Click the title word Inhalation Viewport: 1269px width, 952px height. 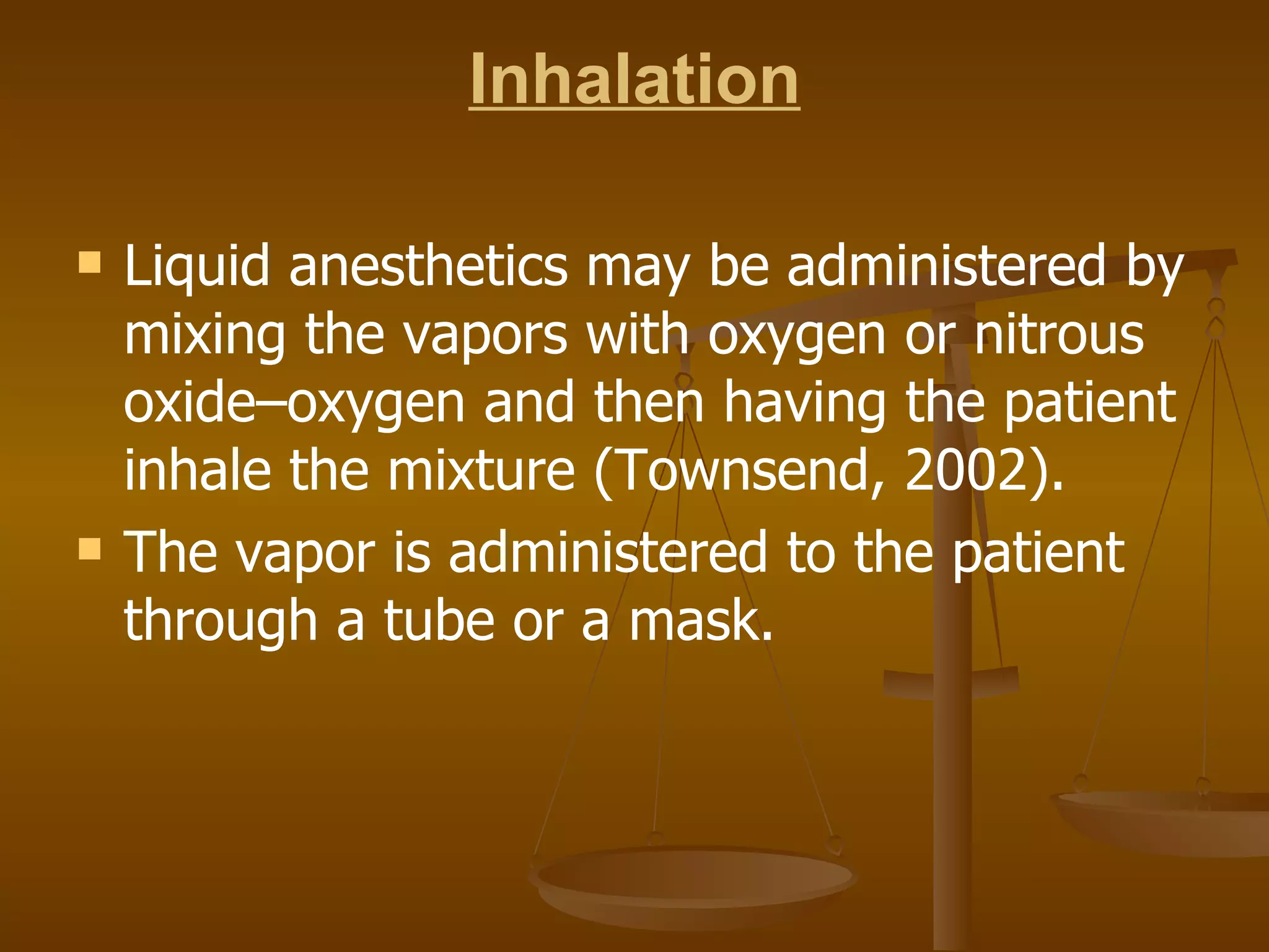point(634,79)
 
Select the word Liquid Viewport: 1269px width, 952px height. point(197,267)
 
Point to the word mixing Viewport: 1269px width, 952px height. point(204,336)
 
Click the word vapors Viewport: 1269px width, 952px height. point(485,336)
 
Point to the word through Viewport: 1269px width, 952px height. point(221,622)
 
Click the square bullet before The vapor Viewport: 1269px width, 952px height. point(90,549)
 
